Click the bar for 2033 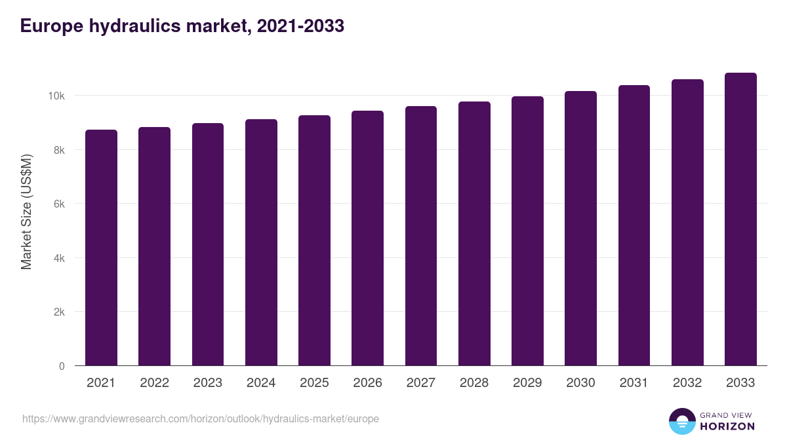click(x=740, y=219)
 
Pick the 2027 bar click(x=420, y=236)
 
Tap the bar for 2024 click(x=261, y=242)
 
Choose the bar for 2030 click(x=580, y=229)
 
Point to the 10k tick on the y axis click(x=56, y=96)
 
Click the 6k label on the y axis click(x=58, y=204)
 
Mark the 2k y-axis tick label click(x=58, y=312)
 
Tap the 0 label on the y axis click(x=62, y=367)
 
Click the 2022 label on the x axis click(x=154, y=383)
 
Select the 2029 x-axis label click(x=527, y=383)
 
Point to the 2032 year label click(x=687, y=383)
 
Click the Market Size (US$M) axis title click(x=26, y=212)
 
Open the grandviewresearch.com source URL click(x=201, y=418)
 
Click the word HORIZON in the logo click(x=727, y=426)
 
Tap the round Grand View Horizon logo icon click(x=681, y=421)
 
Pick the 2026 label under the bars click(x=367, y=383)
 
